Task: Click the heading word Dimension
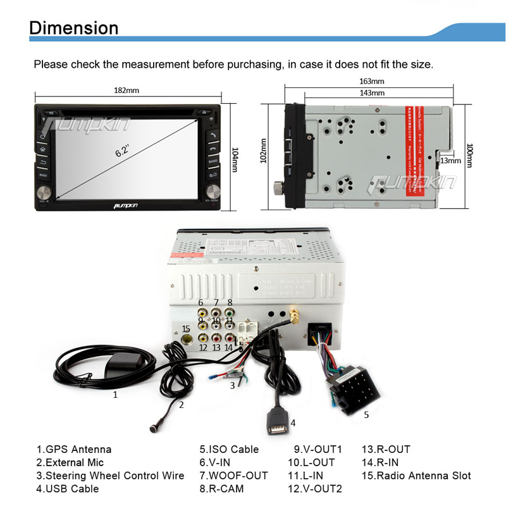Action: pyautogui.click(x=74, y=28)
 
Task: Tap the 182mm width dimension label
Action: pyautogui.click(x=126, y=90)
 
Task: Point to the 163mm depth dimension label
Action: pyautogui.click(x=371, y=82)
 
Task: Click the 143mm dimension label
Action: pyautogui.click(x=371, y=93)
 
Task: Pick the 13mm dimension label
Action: pyautogui.click(x=451, y=161)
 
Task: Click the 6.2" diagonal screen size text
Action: pyautogui.click(x=122, y=152)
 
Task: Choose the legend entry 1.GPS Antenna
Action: pyautogui.click(x=73, y=450)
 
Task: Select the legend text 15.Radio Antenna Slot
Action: pyautogui.click(x=416, y=476)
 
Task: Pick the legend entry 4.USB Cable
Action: pyautogui.click(x=67, y=489)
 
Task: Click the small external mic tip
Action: pyautogui.click(x=153, y=428)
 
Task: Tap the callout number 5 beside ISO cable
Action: pyautogui.click(x=366, y=415)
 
